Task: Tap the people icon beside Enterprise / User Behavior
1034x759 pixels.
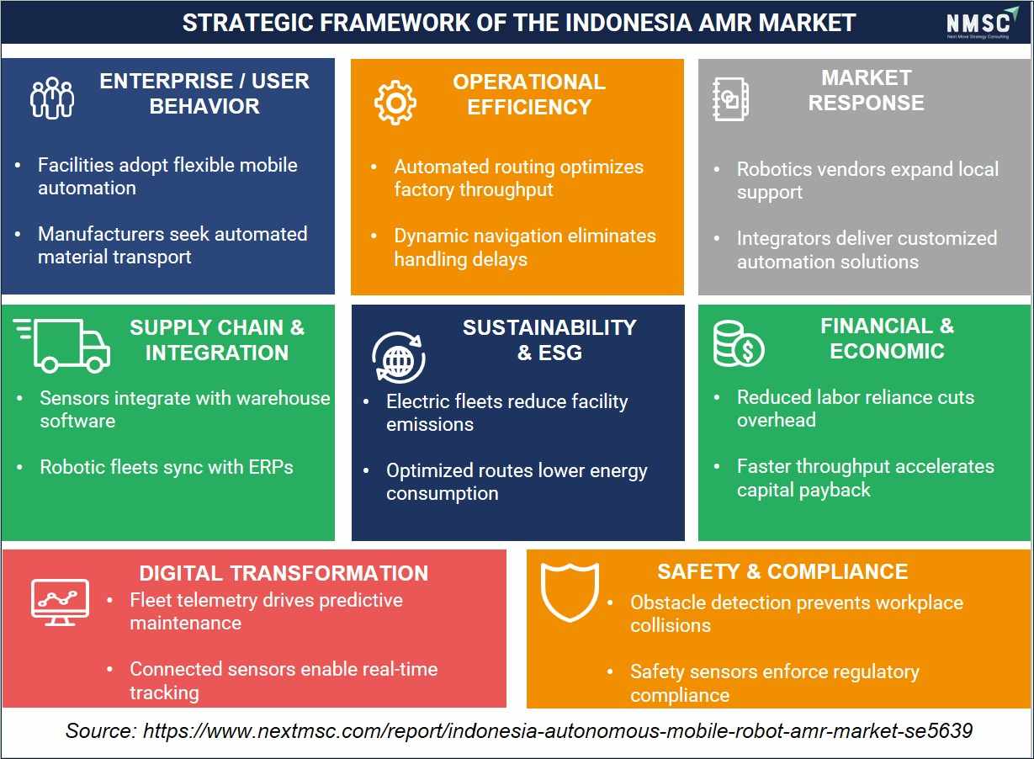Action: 51,98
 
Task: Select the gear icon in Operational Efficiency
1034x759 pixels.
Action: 395,103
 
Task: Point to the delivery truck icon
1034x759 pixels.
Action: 62,345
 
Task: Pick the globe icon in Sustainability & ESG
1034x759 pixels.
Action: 398,358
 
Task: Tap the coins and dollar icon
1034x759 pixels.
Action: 739,343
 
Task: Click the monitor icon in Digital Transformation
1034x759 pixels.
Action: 60,602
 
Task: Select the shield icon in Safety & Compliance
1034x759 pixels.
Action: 570,592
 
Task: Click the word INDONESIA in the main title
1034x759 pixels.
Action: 628,23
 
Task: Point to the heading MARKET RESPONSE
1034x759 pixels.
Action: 867,90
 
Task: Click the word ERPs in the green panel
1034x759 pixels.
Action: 271,467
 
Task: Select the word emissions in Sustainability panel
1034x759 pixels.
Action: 430,424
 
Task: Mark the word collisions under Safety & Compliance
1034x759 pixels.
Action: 671,625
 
